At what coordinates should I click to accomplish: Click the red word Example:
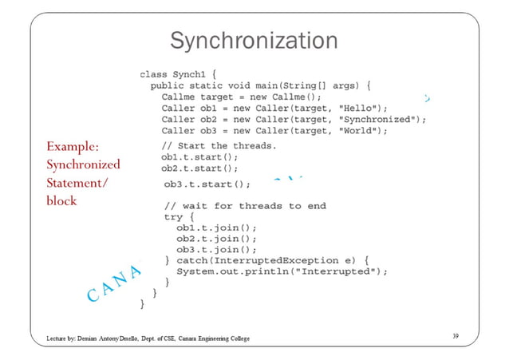[73, 147]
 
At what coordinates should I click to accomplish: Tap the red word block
[61, 201]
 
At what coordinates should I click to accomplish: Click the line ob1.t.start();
[199, 157]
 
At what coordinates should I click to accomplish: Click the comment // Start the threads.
[219, 146]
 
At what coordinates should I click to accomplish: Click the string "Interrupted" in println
[337, 271]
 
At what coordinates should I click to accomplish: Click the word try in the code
[172, 217]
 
